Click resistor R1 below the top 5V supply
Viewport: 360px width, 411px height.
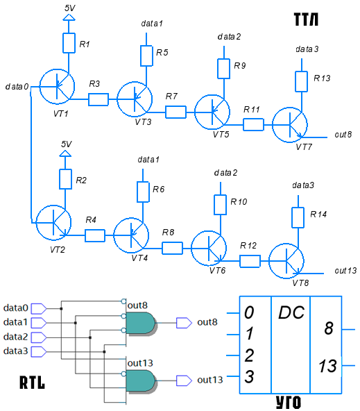pos(69,43)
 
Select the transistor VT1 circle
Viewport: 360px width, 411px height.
pos(57,87)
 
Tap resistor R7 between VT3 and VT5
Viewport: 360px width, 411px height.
pos(175,112)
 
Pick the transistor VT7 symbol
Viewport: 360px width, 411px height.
pos(289,125)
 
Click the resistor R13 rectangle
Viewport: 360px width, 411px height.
pos(301,81)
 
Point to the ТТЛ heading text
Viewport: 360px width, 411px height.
pos(306,19)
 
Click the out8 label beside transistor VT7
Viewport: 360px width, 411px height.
pos(343,135)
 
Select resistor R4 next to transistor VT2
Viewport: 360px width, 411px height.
pos(95,235)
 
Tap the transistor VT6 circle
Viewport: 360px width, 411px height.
pos(209,249)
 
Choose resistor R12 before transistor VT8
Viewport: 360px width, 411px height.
pos(250,261)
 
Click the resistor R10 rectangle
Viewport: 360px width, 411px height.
pos(220,205)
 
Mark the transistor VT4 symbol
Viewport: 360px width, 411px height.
pos(131,235)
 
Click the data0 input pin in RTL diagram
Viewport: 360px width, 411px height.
pos(39,308)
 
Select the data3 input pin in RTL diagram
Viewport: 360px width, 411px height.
pos(39,352)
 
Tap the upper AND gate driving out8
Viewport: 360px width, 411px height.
pos(141,323)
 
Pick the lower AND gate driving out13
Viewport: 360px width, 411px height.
pos(141,380)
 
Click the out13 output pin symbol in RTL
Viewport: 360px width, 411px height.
pos(184,380)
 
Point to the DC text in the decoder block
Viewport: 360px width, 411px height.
pos(291,312)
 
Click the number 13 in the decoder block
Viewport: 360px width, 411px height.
pos(327,366)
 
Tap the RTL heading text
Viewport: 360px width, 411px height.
pos(32,382)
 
